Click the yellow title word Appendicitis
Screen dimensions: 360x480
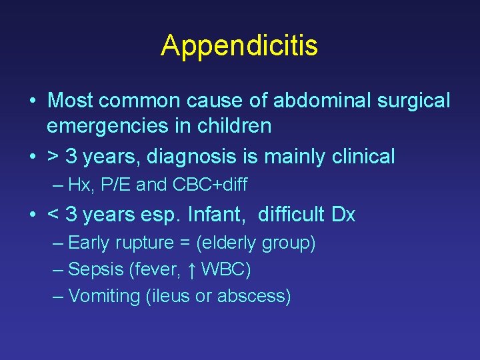(239, 45)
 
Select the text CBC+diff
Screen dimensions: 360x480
(209, 185)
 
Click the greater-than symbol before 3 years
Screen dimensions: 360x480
(53, 157)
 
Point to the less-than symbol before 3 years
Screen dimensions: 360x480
(53, 215)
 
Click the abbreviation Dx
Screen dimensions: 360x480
(343, 215)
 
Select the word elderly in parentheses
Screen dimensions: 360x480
(226, 243)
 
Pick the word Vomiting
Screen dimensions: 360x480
(104, 296)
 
